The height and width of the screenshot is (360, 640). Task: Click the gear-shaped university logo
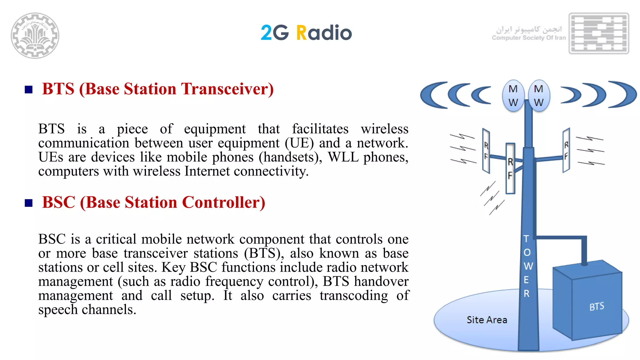pos(35,35)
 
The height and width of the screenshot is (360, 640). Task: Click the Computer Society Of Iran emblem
pos(598,33)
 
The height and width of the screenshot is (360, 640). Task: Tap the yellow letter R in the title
pos(302,33)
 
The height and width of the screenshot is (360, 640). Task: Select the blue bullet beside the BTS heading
pos(29,90)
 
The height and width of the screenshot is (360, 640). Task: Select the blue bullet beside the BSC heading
pos(29,203)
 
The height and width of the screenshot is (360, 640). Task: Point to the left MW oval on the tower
pos(513,96)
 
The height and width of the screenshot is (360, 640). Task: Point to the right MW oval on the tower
pos(538,96)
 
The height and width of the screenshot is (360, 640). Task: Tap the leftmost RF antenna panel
pos(486,151)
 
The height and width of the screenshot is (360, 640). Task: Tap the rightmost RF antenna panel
pos(566,150)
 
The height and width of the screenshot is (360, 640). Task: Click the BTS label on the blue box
pos(597,307)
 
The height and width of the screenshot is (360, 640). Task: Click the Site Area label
pos(487,320)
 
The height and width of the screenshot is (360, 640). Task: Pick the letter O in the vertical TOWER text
pos(527,252)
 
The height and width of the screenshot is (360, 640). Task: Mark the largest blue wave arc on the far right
pos(625,94)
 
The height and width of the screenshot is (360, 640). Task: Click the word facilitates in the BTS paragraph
pos(320,129)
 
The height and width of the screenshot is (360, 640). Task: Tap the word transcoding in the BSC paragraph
pos(353,296)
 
